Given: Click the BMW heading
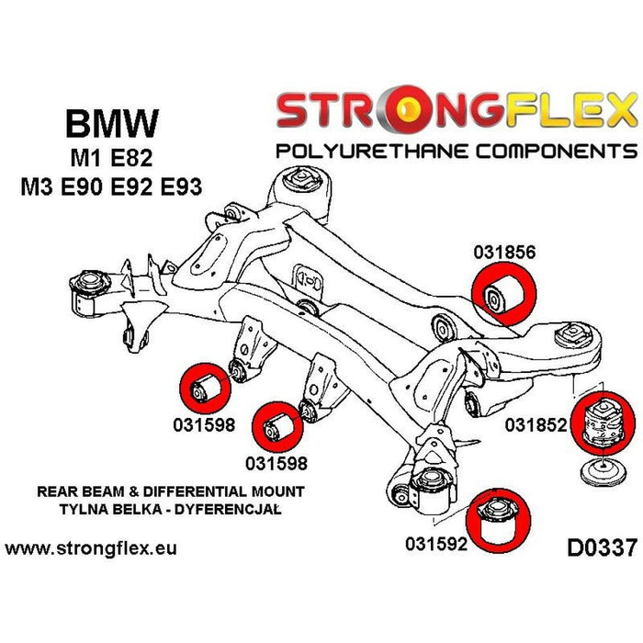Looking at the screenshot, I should [112, 124].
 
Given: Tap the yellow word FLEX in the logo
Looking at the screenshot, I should [566, 110].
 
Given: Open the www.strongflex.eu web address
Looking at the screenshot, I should [91, 549].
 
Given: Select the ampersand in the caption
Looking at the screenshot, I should [109, 491].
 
